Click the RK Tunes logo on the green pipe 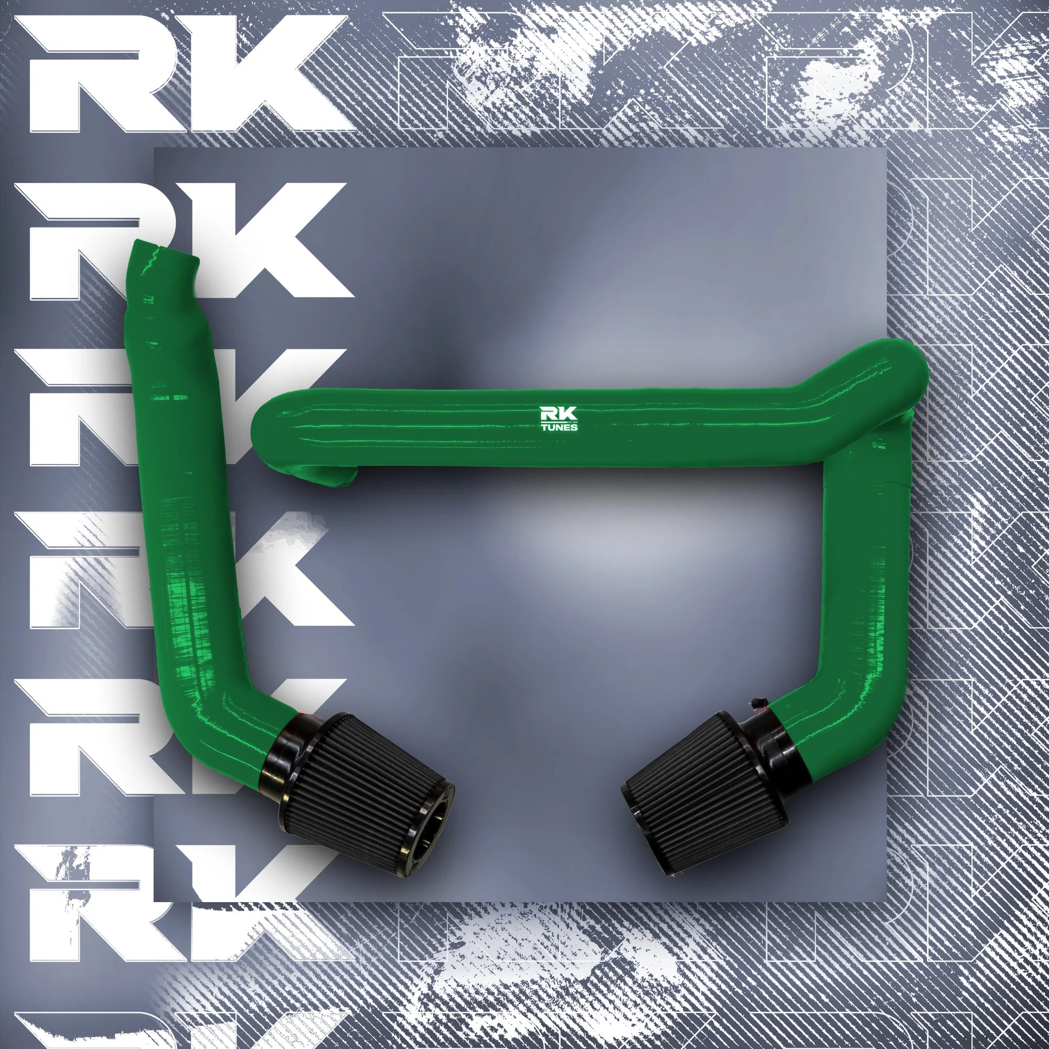[558, 419]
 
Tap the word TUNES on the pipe [558, 427]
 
